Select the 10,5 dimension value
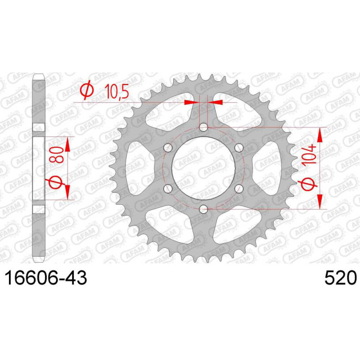pyautogui.click(x=117, y=91)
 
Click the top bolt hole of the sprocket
pyautogui.click(x=203, y=127)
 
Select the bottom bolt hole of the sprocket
pyautogui.click(x=203, y=209)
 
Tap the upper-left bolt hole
pyautogui.click(x=168, y=148)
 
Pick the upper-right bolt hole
pyautogui.click(x=239, y=148)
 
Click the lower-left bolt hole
pyautogui.click(x=168, y=189)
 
